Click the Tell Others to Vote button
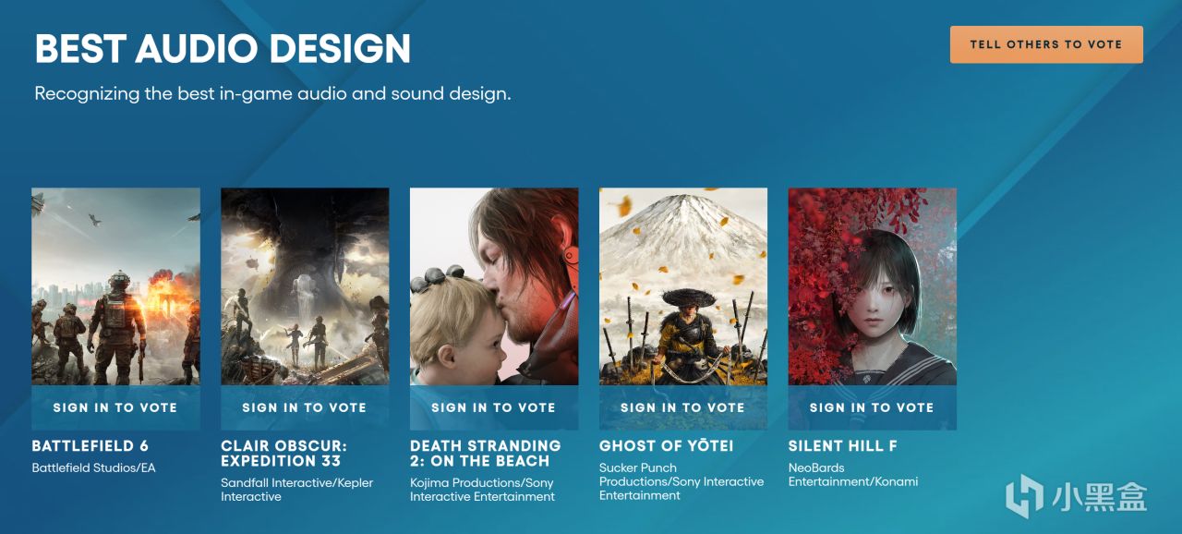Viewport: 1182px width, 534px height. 1046,45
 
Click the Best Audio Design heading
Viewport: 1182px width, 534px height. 223,49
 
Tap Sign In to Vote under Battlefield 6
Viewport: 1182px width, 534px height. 115,407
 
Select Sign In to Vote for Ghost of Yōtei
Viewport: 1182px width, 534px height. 682,407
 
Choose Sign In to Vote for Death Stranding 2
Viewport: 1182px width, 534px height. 494,407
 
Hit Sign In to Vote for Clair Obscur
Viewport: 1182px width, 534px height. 305,407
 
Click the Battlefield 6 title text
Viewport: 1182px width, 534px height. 90,446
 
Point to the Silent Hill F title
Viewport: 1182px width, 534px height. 843,446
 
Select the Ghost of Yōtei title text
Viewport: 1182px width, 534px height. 666,446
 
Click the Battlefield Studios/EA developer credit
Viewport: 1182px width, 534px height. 93,468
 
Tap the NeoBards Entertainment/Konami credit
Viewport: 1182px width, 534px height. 852,474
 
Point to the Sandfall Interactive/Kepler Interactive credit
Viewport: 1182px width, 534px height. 296,490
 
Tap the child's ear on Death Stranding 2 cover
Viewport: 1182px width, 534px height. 446,358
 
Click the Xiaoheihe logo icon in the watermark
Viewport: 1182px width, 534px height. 1024,496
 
